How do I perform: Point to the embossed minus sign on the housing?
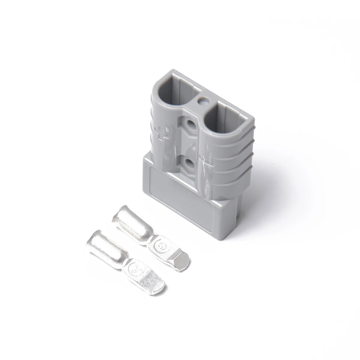point(207,161)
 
